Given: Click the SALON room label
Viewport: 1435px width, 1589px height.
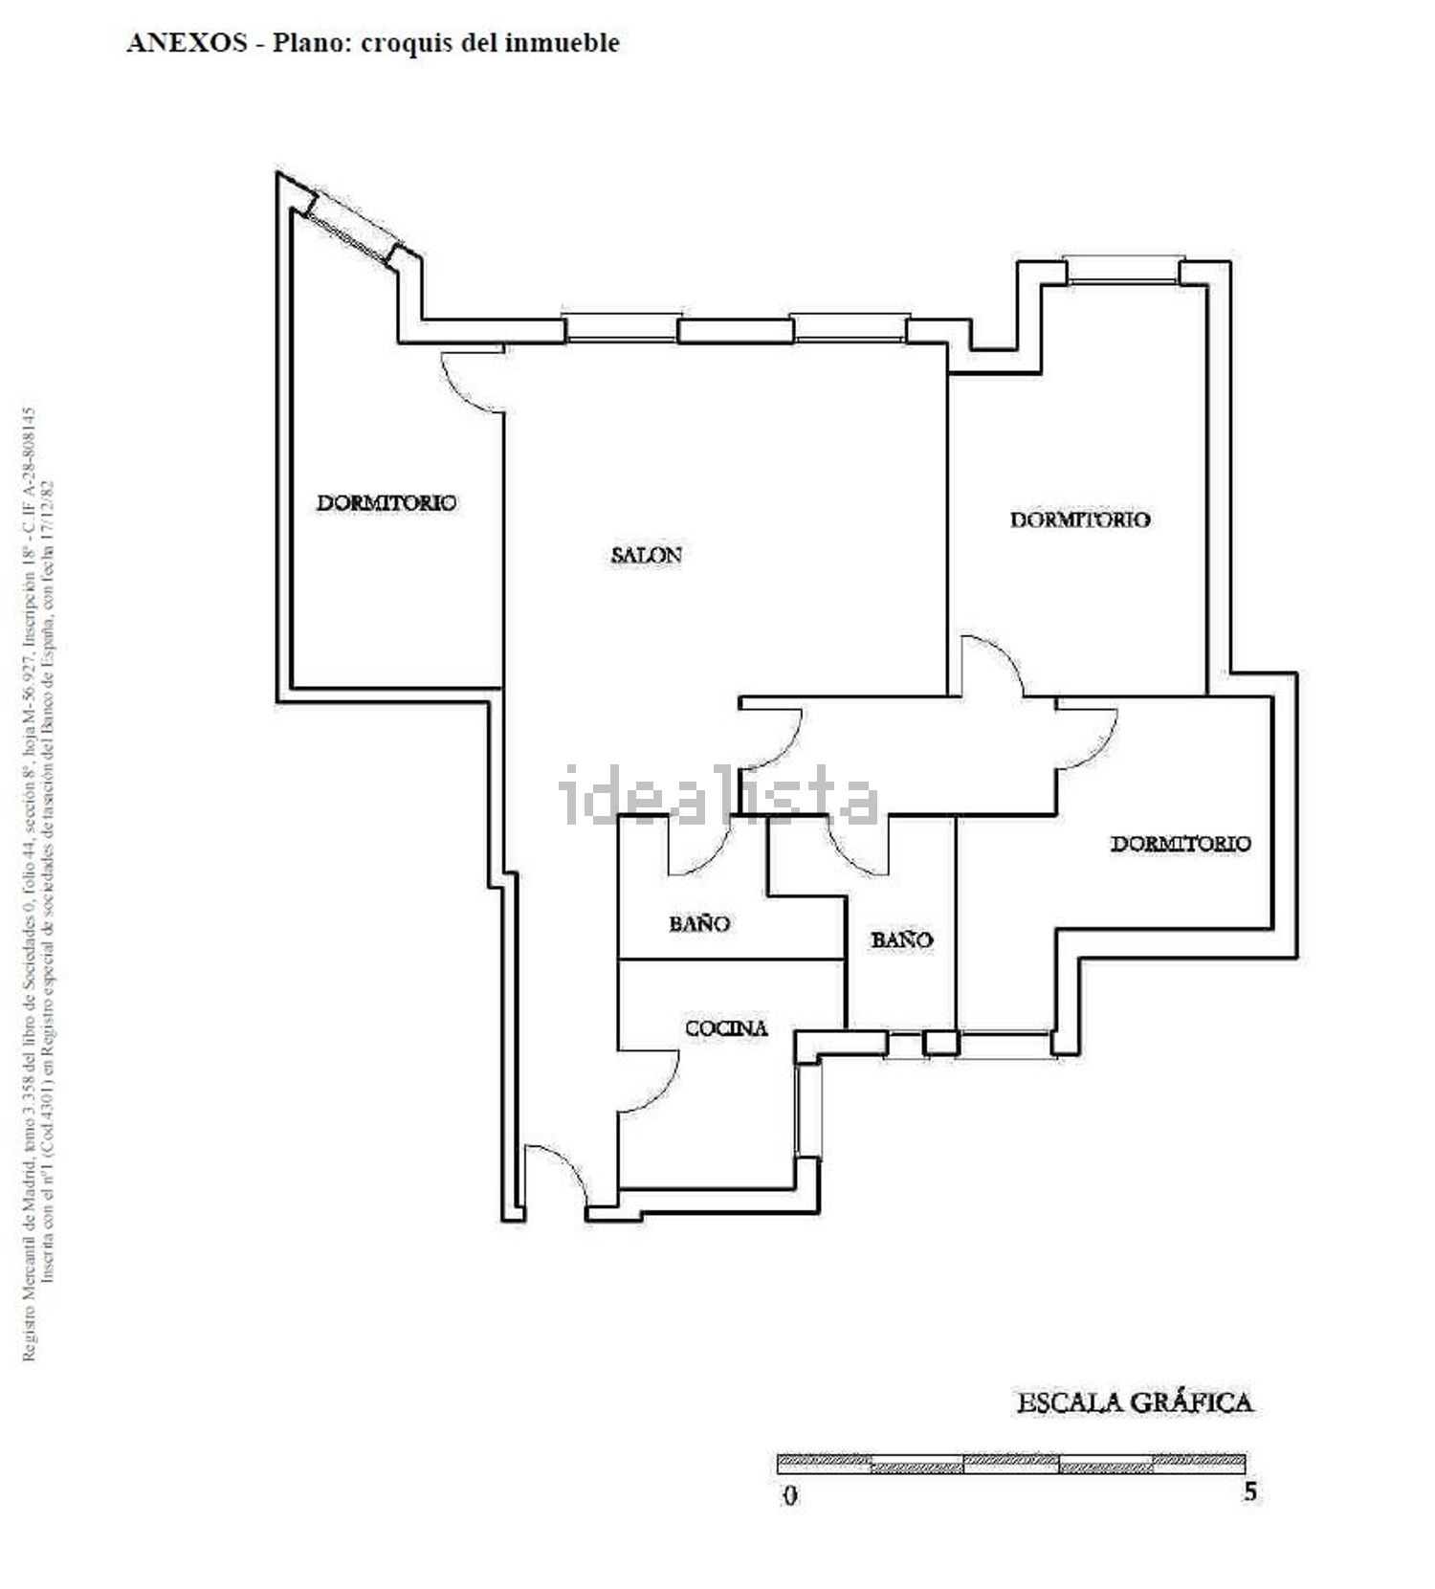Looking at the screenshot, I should pos(646,554).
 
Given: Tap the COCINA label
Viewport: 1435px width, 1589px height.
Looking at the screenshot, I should pos(726,1028).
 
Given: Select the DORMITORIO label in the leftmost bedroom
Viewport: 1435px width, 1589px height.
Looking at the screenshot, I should pos(386,502).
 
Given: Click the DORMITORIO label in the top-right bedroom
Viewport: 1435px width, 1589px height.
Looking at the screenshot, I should pos(1080,519).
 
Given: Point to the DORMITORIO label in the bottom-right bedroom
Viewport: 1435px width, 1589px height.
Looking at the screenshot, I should pos(1181,843).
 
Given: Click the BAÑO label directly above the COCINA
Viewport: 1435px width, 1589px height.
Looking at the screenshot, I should pos(699,923).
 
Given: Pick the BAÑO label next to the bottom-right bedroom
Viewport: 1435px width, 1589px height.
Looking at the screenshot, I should pos(901,939).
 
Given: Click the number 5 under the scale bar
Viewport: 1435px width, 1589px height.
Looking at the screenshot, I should pos(1249,1492).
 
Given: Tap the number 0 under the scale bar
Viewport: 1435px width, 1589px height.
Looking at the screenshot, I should pos(789,1495).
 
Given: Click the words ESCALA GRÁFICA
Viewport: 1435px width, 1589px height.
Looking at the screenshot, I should pos(1134,1402).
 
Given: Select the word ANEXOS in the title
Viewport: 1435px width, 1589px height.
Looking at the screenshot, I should pos(187,43).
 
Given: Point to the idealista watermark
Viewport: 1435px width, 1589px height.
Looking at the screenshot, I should pos(717,796).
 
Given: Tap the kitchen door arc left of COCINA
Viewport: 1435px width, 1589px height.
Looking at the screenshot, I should pos(651,1076).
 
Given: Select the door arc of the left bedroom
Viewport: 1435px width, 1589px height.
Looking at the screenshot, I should pos(474,383).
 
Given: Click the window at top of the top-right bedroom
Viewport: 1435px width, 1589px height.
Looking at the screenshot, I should pos(1123,271).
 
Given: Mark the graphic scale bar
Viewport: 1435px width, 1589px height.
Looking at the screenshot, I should pos(1010,1464).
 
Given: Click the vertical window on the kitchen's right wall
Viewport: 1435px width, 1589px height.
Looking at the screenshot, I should pos(809,1110).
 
